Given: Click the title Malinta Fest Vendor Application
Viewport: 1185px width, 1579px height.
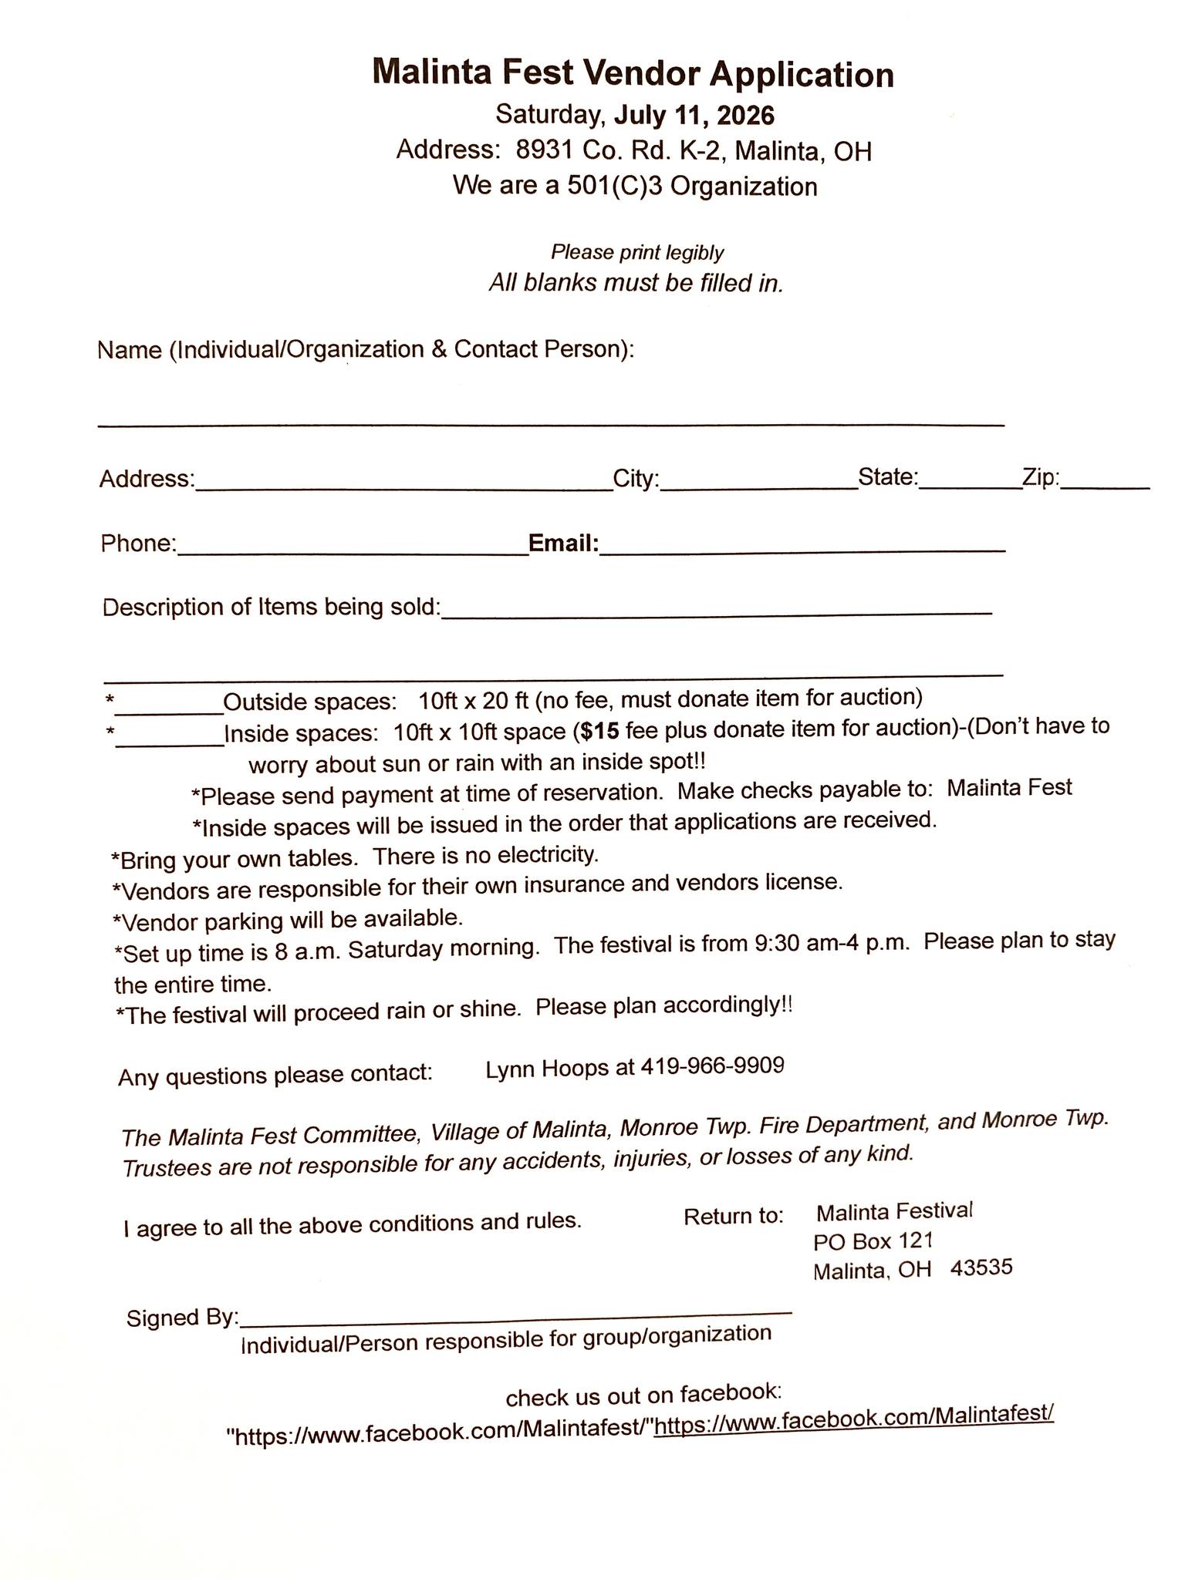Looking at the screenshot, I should tap(633, 75).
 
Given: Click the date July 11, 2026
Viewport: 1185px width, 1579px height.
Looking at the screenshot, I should tap(694, 115).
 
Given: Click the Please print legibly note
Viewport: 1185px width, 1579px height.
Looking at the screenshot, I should tap(637, 252).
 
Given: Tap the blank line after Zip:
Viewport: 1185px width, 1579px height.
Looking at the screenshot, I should tap(1105, 486).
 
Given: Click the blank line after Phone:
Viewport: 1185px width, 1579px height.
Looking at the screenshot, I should tap(352, 550).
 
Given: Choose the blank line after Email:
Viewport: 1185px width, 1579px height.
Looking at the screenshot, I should tap(802, 549).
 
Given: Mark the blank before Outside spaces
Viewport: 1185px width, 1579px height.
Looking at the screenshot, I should tap(169, 708).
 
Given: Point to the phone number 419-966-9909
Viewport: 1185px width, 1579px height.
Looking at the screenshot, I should tap(712, 1066).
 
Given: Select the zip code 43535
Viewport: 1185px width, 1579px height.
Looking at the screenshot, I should tap(981, 1268).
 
